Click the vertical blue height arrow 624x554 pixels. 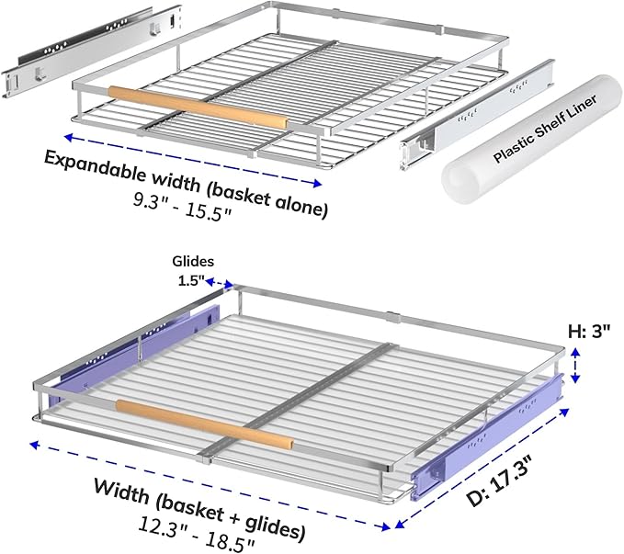coord(575,365)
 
